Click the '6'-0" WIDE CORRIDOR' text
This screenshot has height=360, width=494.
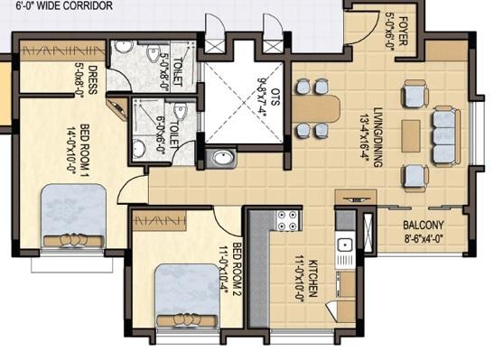(57, 6)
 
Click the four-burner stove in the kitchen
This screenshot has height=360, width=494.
(287, 219)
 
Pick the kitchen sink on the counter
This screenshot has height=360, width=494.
(344, 245)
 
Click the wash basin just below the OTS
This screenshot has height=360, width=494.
(222, 160)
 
